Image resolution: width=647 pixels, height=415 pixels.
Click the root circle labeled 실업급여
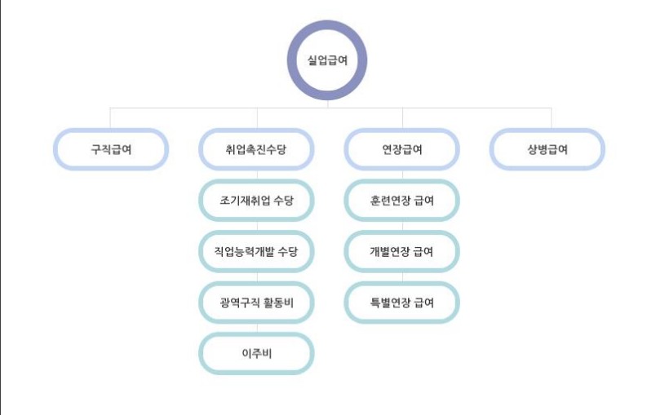coord(326,60)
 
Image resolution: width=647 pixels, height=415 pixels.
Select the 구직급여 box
coord(111,150)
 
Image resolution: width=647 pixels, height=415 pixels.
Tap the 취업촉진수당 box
coord(257,150)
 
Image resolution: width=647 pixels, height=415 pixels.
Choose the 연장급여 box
coord(402,150)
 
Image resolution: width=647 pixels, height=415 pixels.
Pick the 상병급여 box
coord(547,150)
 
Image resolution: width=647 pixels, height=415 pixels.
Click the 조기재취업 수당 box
coord(257,201)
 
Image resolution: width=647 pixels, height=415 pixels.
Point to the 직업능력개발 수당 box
coord(257,252)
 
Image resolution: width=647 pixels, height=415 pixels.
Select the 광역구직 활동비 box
coord(257,302)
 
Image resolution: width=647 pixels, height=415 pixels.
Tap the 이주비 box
coord(257,354)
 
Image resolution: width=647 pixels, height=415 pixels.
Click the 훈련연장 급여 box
coord(402,201)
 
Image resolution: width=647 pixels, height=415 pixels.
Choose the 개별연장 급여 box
coord(402,252)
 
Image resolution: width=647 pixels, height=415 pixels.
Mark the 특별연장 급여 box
coord(402,302)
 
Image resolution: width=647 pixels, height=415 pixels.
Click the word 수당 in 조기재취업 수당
coord(282,201)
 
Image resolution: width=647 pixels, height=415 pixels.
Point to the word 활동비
coord(279,302)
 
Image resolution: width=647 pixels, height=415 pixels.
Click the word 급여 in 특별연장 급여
coord(423,302)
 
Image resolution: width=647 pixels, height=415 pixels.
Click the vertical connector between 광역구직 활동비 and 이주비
coord(257,328)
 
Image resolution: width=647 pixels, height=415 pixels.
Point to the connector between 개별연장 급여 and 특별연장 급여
coord(402,277)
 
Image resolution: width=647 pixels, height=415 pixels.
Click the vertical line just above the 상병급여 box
coord(551,118)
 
